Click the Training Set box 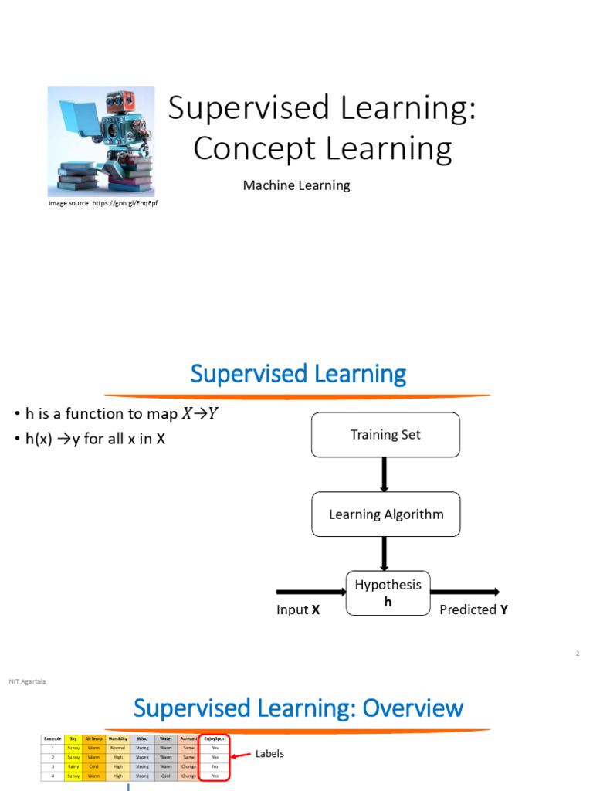pos(385,435)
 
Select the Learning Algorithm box pos(385,514)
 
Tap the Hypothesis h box pos(388,593)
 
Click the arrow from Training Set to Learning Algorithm pos(385,474)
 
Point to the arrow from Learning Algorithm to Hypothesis pos(385,554)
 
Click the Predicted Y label pos(473,610)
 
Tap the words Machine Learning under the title pos(296,185)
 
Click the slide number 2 pos(577,654)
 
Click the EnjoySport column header pos(215,739)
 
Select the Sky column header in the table pos(73,739)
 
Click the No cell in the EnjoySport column pos(215,766)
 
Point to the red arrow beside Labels pos(242,755)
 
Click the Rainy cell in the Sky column pos(73,766)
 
